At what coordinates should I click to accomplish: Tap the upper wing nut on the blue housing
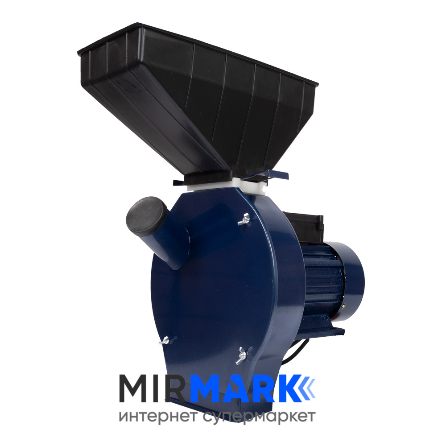244,219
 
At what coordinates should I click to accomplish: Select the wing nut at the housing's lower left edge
165,340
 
